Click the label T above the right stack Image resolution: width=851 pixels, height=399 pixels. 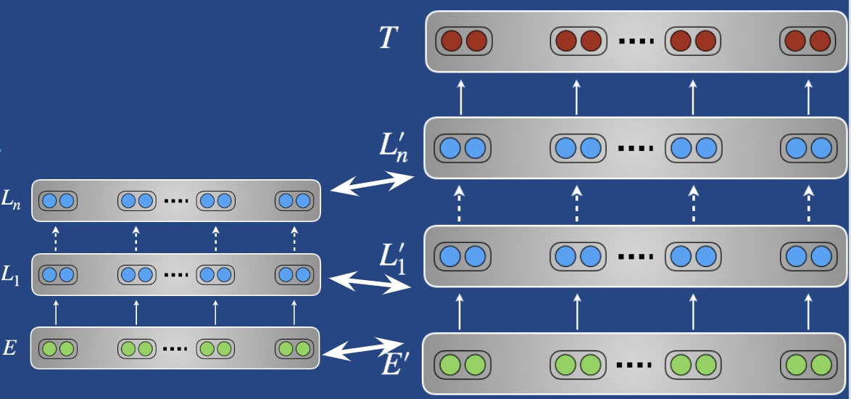[389, 38]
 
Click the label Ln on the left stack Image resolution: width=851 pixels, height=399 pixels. [12, 201]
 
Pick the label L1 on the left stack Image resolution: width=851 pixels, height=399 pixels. [12, 275]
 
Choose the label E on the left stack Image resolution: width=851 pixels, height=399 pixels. [9, 348]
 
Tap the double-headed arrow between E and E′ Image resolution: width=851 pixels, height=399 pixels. [358, 348]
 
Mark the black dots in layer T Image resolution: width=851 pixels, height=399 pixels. [636, 41]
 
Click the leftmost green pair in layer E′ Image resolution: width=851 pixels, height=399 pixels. [463, 363]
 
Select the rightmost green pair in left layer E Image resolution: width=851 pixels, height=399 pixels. [294, 349]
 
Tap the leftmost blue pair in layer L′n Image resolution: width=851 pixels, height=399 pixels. [462, 149]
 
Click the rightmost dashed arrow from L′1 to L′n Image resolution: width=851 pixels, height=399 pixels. [809, 204]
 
